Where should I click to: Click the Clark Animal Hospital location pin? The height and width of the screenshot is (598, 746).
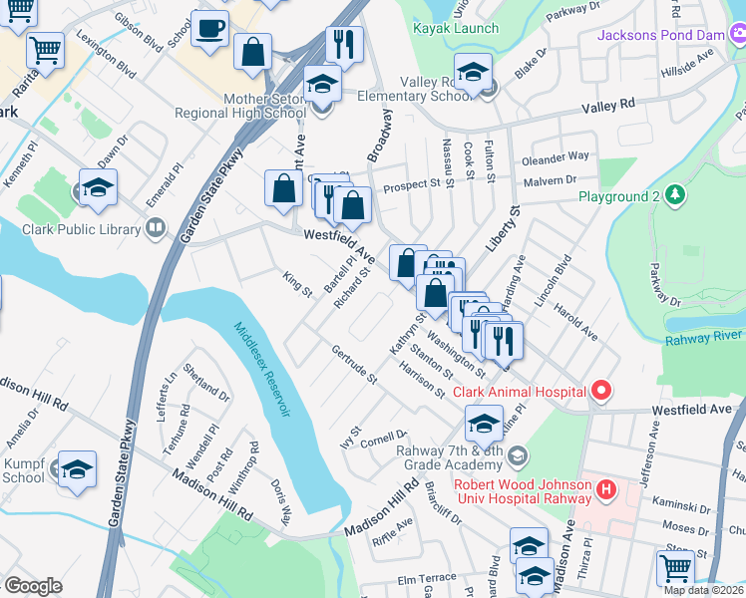click(599, 391)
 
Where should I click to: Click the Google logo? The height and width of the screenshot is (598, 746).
click(33, 586)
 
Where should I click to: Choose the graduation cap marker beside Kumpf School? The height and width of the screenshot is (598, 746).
click(77, 468)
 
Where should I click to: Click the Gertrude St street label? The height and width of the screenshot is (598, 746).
click(355, 366)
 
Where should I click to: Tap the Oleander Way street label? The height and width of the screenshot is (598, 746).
click(556, 157)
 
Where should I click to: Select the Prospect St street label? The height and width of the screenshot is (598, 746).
click(413, 184)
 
